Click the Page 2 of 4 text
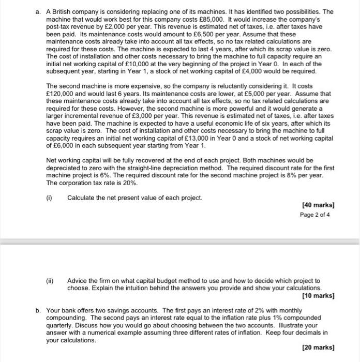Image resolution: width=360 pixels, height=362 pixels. (x=318, y=215)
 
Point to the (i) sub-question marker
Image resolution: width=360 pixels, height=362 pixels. (x=50, y=198)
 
